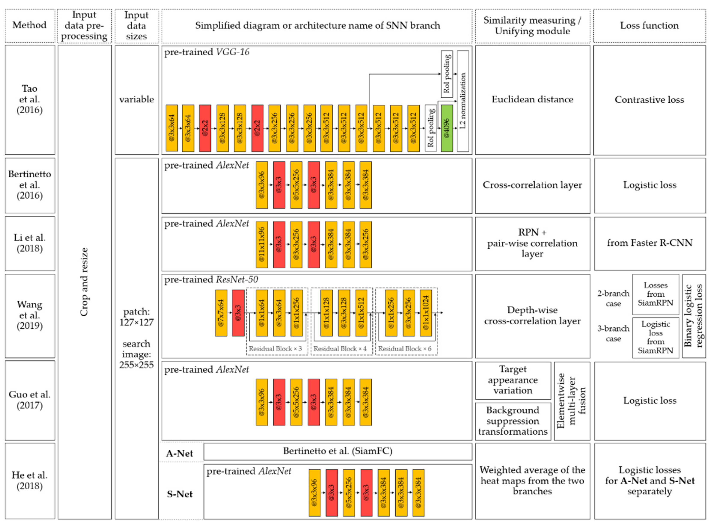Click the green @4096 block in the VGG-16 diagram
coord(446,128)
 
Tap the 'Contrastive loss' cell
coord(649,100)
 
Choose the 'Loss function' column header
coord(649,25)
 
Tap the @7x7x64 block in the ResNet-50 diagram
coord(221,313)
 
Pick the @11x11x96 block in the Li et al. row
coord(261,244)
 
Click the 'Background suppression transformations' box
coord(512,421)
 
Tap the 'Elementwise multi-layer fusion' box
coord(572,401)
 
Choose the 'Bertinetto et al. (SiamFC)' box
coord(337,451)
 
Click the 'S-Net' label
coord(180,494)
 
